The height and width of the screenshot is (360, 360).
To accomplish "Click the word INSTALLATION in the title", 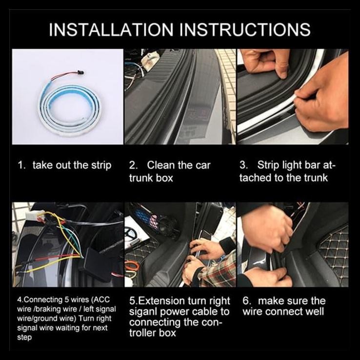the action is pyautogui.click(x=111, y=29).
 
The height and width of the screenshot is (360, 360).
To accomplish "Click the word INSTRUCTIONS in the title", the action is pyautogui.click(x=245, y=29).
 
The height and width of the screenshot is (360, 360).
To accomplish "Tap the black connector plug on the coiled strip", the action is pyautogui.click(x=81, y=73).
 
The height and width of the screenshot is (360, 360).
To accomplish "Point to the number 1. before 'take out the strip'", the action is pyautogui.click(x=22, y=165).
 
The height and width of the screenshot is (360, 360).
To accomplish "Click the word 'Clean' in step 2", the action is pyautogui.click(x=161, y=165).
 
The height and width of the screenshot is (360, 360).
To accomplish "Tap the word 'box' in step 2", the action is pyautogui.click(x=164, y=178).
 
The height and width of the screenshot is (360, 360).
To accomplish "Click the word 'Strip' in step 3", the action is pyautogui.click(x=268, y=165).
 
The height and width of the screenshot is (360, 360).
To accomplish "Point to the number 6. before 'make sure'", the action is pyautogui.click(x=246, y=301).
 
